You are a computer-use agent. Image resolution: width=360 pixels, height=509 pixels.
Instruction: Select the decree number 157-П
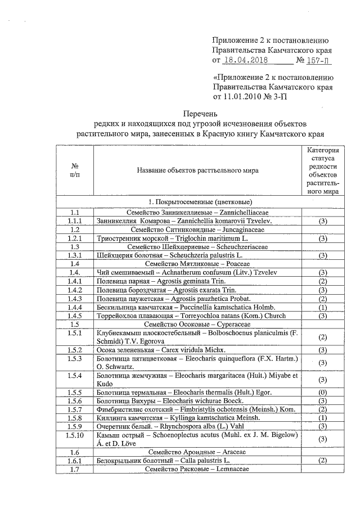322,60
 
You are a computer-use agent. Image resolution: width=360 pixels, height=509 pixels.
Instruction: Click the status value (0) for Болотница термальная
323,391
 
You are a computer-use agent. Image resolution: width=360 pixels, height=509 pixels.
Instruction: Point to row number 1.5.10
74,439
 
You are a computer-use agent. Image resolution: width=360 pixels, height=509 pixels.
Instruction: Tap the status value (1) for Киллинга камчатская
323,418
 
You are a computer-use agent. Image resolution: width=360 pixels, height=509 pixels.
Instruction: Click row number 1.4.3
74,298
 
